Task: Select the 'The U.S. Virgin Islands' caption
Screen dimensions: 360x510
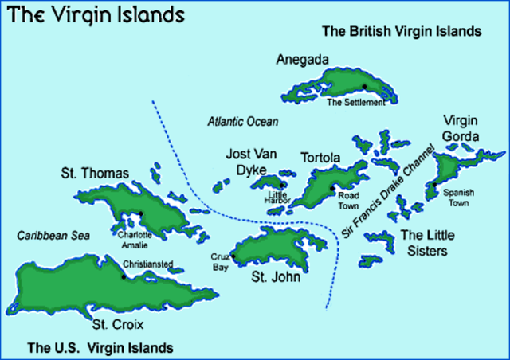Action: tap(99, 347)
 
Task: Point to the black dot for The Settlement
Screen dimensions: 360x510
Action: tap(364, 87)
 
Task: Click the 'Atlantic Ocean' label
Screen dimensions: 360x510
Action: tap(243, 122)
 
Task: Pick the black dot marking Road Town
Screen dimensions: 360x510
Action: tap(332, 188)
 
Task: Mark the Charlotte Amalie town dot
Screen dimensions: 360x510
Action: tap(140, 213)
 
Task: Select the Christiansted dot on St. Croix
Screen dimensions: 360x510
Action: tap(123, 276)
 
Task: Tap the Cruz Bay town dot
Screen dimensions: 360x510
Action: tap(233, 256)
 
